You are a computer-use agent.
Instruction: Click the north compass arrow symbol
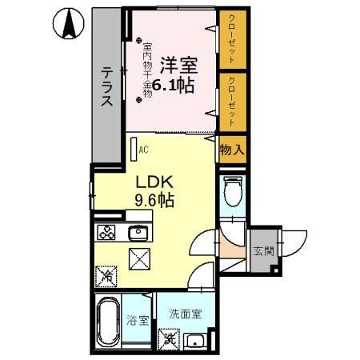tap(69, 25)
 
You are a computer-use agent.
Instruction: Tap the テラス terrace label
tap(107, 86)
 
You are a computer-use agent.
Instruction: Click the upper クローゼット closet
tap(231, 39)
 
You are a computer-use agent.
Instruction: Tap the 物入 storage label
tap(231, 150)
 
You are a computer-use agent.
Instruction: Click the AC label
tap(144, 150)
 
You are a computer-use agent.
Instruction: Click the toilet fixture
tap(232, 193)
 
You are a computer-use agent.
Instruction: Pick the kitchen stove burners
tap(106, 234)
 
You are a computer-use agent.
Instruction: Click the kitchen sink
tap(138, 234)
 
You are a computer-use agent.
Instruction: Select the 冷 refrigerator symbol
tap(106, 276)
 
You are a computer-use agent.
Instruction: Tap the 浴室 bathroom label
tap(138, 322)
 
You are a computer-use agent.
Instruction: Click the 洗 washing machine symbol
tap(170, 339)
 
